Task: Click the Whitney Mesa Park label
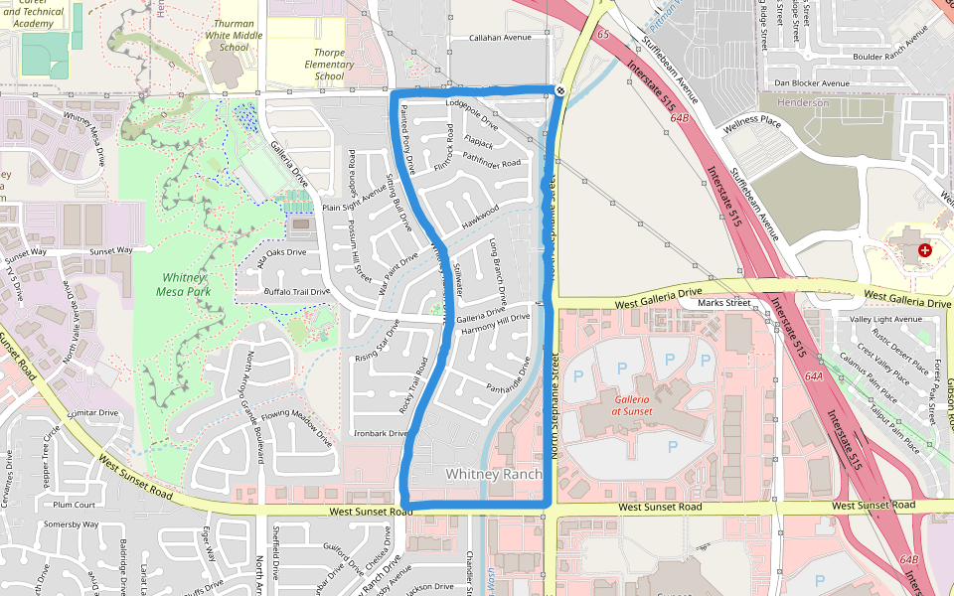pos(182,284)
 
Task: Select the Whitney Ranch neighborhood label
pos(494,475)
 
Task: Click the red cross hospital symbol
pos(925,250)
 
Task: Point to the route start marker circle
pos(560,91)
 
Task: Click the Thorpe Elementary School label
pos(329,65)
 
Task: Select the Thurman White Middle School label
pos(234,34)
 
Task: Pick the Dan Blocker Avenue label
pos(811,83)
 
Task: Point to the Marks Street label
pos(723,303)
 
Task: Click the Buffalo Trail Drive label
pos(296,292)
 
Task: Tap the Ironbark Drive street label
pos(380,433)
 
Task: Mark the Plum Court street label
pos(75,505)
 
